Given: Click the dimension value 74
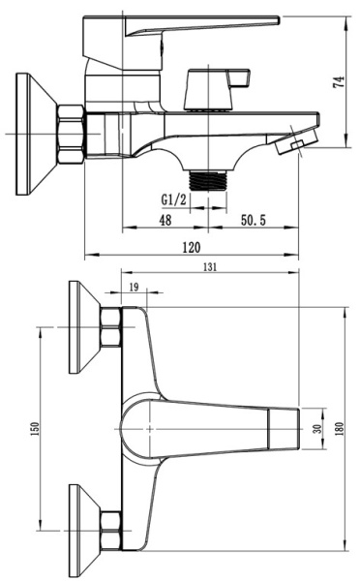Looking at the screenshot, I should point(340,82).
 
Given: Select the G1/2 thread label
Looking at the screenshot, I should point(174,200).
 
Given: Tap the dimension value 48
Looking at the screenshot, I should point(165,221).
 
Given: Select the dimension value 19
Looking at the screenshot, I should point(134,287).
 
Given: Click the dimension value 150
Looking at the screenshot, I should point(37,429).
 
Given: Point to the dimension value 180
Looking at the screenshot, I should point(340,429).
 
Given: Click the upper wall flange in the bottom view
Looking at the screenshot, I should point(85,330).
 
